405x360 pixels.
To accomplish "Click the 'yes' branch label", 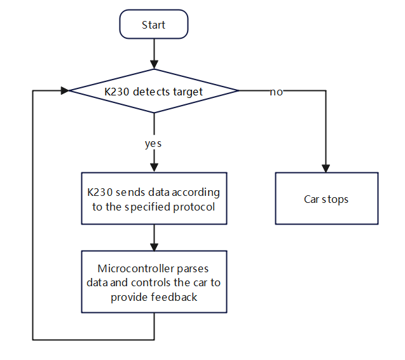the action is [x=153, y=144].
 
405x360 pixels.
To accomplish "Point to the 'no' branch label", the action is [x=276, y=92].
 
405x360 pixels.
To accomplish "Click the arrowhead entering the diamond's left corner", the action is [x=65, y=90].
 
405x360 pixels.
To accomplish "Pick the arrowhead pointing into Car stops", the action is [x=326, y=169].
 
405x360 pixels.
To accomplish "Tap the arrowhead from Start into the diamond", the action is [x=154, y=65].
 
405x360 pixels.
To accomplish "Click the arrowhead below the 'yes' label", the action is [x=154, y=168].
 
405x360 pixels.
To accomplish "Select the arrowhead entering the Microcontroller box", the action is [x=154, y=247].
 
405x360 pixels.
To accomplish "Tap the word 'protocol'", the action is [x=194, y=207].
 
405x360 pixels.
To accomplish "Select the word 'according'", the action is [x=196, y=193].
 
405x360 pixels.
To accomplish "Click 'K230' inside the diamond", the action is [x=117, y=92].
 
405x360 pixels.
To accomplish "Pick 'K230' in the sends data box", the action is [x=100, y=192].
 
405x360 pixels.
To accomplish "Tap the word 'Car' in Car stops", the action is [x=312, y=199].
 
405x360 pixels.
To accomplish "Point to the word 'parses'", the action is [x=193, y=269].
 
